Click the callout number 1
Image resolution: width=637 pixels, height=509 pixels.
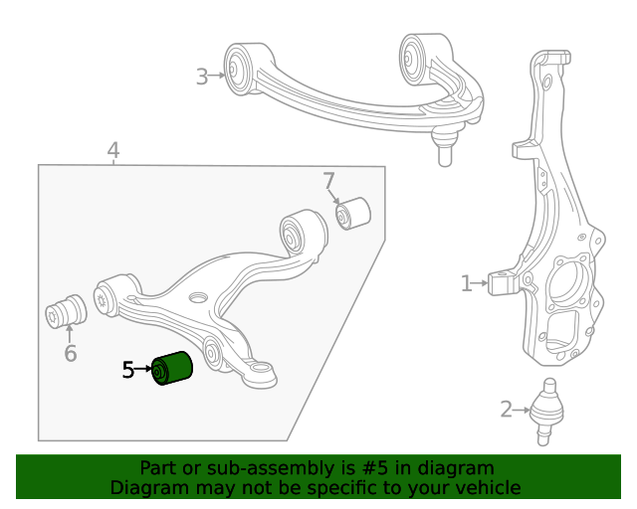466,284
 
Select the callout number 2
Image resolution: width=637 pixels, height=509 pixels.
506,409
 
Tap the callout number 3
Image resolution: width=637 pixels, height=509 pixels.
202,77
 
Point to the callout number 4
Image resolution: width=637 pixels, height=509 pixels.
113,151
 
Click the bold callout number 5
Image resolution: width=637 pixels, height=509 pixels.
127,370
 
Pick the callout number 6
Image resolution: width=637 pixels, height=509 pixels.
70,353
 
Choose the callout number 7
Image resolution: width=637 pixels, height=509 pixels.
329,182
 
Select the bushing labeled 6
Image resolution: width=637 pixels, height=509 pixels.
68,311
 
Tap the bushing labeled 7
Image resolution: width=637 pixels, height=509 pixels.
352,213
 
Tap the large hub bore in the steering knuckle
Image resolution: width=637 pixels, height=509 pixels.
573,288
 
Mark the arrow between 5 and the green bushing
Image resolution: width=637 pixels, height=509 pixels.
142,370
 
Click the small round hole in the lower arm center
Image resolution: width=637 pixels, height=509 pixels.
198,297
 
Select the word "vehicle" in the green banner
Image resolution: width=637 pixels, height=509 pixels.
486,487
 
